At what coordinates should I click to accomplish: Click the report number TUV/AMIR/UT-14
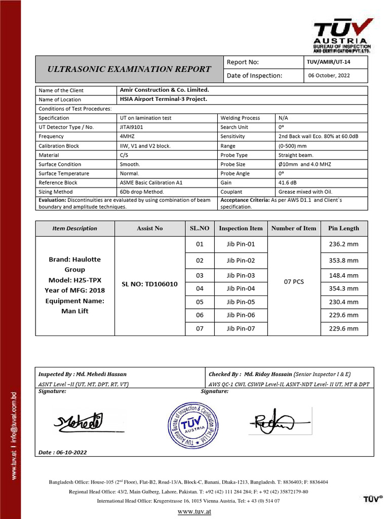(x=328, y=62)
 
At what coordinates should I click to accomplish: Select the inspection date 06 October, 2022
(x=329, y=76)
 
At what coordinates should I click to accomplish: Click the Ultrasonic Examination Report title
(x=129, y=69)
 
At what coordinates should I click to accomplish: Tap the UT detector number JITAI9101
(x=131, y=127)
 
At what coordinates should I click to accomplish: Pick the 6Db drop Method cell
(x=142, y=192)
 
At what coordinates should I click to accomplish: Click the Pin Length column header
(x=343, y=228)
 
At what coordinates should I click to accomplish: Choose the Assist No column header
(x=149, y=228)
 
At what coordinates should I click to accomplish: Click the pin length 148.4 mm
(x=343, y=275)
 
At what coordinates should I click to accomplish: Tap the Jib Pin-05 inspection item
(x=241, y=302)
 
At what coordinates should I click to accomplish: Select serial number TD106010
(x=149, y=284)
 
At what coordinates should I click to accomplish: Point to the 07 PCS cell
(x=294, y=281)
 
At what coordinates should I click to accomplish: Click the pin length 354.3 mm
(x=343, y=288)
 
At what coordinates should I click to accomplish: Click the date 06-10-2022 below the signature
(x=62, y=452)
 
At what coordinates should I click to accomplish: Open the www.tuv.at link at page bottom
(x=194, y=511)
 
